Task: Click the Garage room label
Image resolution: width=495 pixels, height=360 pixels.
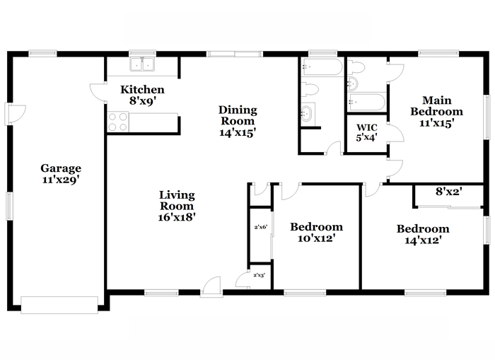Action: pos(61,168)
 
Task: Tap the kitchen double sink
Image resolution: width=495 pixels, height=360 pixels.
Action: pos(142,64)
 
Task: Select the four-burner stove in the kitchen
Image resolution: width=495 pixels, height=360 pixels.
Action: pos(118,122)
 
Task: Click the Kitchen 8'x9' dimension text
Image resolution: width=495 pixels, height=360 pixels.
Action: pos(143,101)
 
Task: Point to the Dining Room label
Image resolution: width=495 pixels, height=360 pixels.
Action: pos(238,115)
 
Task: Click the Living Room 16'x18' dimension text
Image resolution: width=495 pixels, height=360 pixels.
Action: pos(177,217)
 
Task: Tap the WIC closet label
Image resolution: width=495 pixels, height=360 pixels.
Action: pos(367,127)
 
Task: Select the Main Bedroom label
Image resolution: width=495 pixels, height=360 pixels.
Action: pos(436,106)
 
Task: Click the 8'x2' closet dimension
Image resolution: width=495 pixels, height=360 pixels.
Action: pos(449,192)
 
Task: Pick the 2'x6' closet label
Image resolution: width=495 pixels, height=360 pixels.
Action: pos(261,227)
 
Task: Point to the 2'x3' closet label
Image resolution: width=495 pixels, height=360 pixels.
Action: pos(260,275)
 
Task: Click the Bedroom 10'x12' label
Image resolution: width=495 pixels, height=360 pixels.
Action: pos(316,232)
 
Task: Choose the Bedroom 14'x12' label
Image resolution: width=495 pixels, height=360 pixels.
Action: pos(423,234)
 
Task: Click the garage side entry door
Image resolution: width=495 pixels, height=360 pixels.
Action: pos(15,114)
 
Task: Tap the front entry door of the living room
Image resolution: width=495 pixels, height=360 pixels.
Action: pos(212,287)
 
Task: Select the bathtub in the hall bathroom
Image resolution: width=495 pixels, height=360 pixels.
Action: pos(321,67)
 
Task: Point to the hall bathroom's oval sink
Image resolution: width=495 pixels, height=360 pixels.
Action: pos(306,113)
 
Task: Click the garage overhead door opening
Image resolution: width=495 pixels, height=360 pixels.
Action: pos(59,305)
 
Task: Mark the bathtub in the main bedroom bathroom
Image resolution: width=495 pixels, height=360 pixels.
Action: pos(366,102)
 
